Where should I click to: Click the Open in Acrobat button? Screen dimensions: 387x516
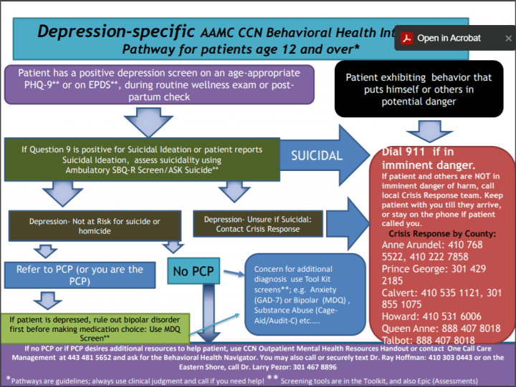point(449,39)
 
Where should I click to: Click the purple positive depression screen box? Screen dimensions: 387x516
point(161,84)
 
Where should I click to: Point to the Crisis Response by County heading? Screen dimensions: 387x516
point(441,234)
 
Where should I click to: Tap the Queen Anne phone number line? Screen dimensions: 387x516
point(441,328)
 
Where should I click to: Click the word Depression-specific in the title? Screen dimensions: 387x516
point(115,31)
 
